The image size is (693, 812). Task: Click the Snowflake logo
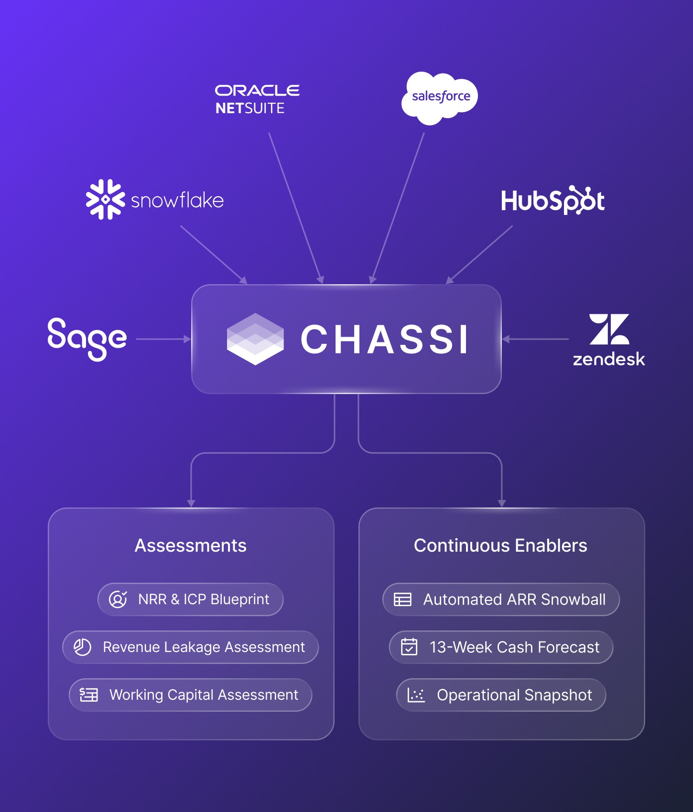[x=154, y=200]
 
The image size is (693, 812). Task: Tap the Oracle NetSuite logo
[x=257, y=99]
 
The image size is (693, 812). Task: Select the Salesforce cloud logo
[x=440, y=97]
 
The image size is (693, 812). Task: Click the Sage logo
[x=87, y=338]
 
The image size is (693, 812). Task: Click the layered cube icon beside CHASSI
[x=255, y=339]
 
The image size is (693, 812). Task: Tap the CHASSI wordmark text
[x=384, y=340]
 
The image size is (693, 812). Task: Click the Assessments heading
[x=191, y=545]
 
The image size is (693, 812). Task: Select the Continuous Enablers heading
[x=500, y=545]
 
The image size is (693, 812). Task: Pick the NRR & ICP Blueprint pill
[x=190, y=599]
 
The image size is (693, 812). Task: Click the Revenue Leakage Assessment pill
[x=190, y=647]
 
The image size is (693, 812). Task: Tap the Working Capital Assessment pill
[x=190, y=695]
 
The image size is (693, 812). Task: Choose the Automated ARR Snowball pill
[x=501, y=599]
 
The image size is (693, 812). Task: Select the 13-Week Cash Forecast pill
[x=501, y=647]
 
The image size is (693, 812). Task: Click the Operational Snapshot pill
[x=501, y=695]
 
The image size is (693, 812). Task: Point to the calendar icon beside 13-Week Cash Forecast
[x=409, y=647]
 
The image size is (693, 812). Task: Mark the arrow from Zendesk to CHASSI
[x=535, y=339]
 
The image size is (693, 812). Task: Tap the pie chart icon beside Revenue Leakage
[x=82, y=647]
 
